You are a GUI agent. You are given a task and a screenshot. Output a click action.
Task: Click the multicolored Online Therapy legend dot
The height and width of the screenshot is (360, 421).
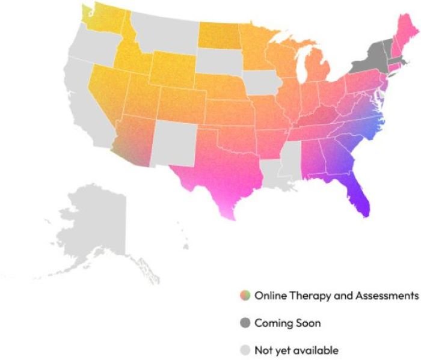244,296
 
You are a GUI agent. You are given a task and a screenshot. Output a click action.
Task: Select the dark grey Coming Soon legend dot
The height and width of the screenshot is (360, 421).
244,323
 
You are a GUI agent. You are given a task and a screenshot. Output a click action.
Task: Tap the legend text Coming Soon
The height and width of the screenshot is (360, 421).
287,323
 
